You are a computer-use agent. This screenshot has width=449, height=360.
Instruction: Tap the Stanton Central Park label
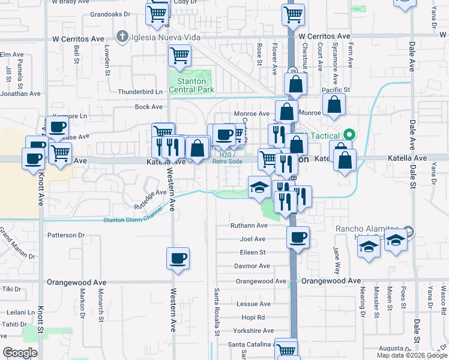pos(191,85)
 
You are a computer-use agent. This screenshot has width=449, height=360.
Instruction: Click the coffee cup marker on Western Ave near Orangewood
pos(178,259)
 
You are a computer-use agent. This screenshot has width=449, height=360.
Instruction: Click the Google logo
pos(20,353)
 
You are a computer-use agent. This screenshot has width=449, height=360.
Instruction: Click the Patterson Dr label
pos(67,235)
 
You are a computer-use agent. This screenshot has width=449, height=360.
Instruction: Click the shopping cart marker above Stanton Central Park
pos(180,56)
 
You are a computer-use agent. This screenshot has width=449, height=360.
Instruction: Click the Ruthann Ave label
pos(249,226)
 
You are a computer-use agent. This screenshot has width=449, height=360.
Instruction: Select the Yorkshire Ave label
pos(251,330)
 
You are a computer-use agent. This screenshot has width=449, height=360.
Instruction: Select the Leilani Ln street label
pos(20,313)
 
